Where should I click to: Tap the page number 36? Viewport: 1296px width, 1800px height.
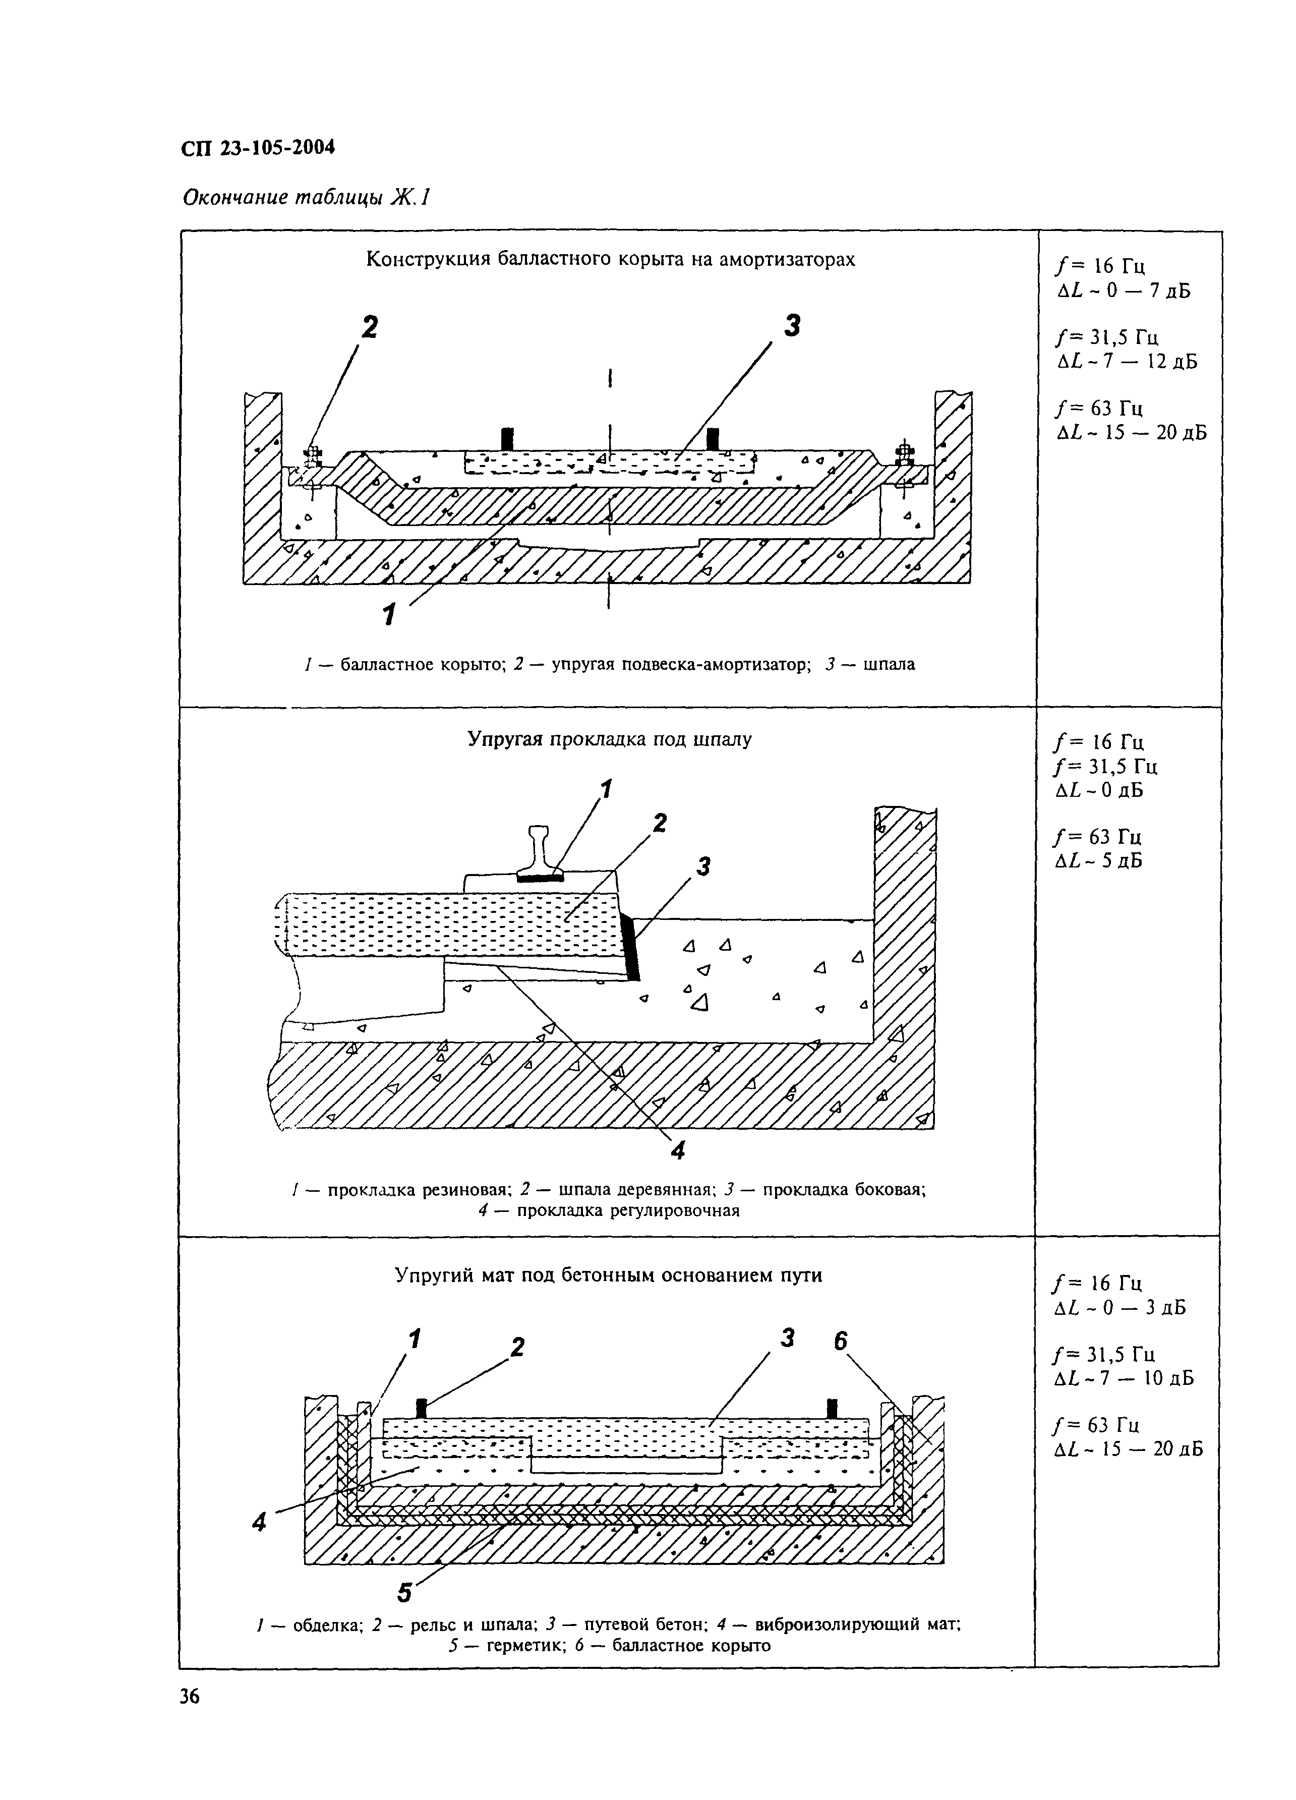tap(190, 1697)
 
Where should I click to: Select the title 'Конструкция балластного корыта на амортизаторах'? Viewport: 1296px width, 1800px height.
tap(610, 260)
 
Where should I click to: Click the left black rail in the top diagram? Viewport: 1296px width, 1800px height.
tap(507, 439)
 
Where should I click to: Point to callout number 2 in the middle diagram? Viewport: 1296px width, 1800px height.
tap(659, 824)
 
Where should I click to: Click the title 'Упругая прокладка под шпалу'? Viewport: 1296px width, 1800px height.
tap(609, 740)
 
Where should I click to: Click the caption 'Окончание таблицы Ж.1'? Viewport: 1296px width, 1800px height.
tap(306, 197)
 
